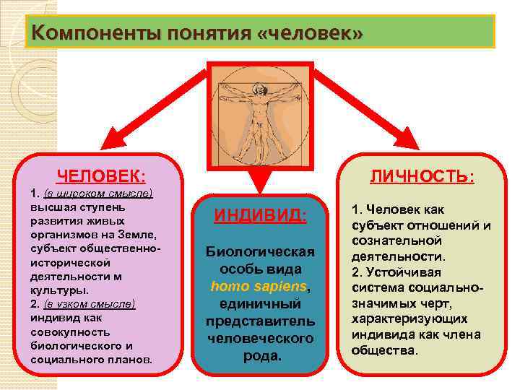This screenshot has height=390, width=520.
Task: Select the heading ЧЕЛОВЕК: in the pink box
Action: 101,176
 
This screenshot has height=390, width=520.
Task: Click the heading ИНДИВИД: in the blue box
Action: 261,215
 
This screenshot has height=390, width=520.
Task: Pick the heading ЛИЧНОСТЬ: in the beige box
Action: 422,176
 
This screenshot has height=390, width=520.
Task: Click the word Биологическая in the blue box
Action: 261,251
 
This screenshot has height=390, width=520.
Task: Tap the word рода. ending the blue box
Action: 261,356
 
